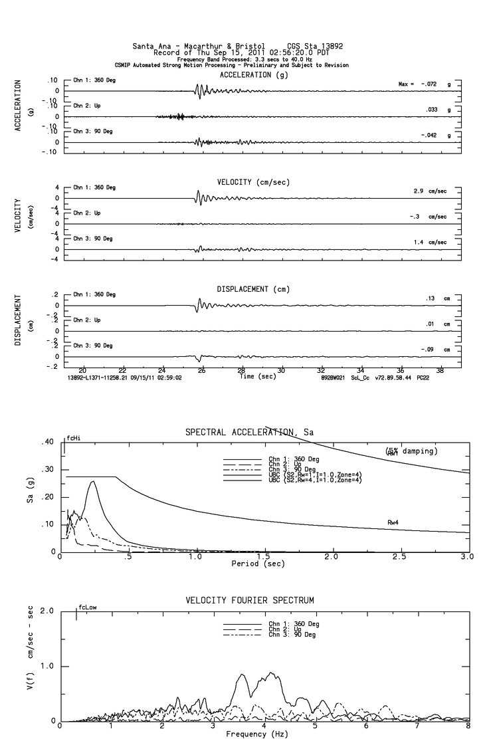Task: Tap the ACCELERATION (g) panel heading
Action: [254, 75]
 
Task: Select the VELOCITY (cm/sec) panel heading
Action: [253, 182]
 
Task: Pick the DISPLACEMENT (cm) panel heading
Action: [253, 289]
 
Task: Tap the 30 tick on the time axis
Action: [282, 370]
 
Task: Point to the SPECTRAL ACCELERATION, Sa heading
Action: [250, 433]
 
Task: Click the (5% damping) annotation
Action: [410, 451]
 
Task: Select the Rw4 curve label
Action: [393, 523]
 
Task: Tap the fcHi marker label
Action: [72, 439]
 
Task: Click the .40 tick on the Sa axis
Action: [47, 442]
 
